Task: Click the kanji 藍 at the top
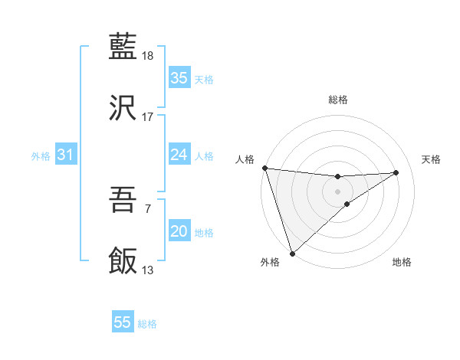pyautogui.click(x=123, y=47)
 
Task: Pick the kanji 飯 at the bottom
pyautogui.click(x=123, y=261)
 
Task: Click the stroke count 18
pyautogui.click(x=148, y=56)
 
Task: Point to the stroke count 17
pyautogui.click(x=148, y=117)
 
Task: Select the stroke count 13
pyautogui.click(x=148, y=270)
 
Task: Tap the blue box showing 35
pyautogui.click(x=179, y=78)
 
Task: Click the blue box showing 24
pyautogui.click(x=179, y=155)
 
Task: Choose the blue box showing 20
pyautogui.click(x=179, y=231)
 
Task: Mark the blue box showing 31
pyautogui.click(x=65, y=155)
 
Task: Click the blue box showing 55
pyautogui.click(x=123, y=322)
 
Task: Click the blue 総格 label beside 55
pyautogui.click(x=147, y=324)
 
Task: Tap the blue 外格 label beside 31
pyautogui.click(x=41, y=155)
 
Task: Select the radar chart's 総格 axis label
pyautogui.click(x=338, y=100)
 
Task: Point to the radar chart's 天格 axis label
pyautogui.click(x=432, y=159)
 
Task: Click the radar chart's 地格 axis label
pyautogui.click(x=402, y=263)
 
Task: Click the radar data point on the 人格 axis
pyautogui.click(x=264, y=168)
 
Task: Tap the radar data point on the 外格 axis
pyautogui.click(x=292, y=253)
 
